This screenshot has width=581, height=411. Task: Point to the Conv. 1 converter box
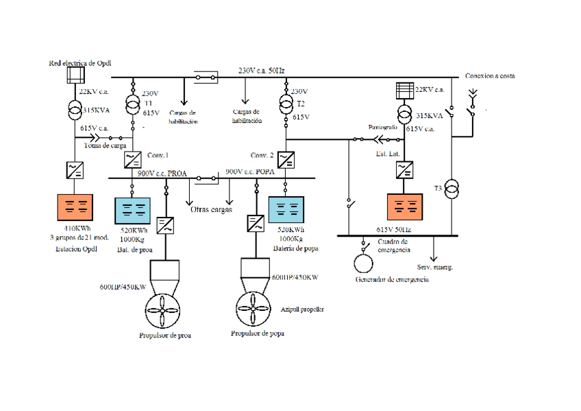click(132, 160)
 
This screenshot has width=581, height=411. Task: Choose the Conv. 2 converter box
click(286, 160)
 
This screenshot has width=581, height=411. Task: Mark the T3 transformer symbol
click(452, 190)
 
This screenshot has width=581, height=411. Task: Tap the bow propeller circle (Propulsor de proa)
click(164, 310)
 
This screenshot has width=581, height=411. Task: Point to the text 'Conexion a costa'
click(490, 76)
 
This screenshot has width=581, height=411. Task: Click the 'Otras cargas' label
click(212, 209)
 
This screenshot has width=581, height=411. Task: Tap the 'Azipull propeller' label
click(302, 310)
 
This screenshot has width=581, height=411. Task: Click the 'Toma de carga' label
click(105, 146)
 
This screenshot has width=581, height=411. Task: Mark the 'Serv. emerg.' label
click(434, 267)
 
